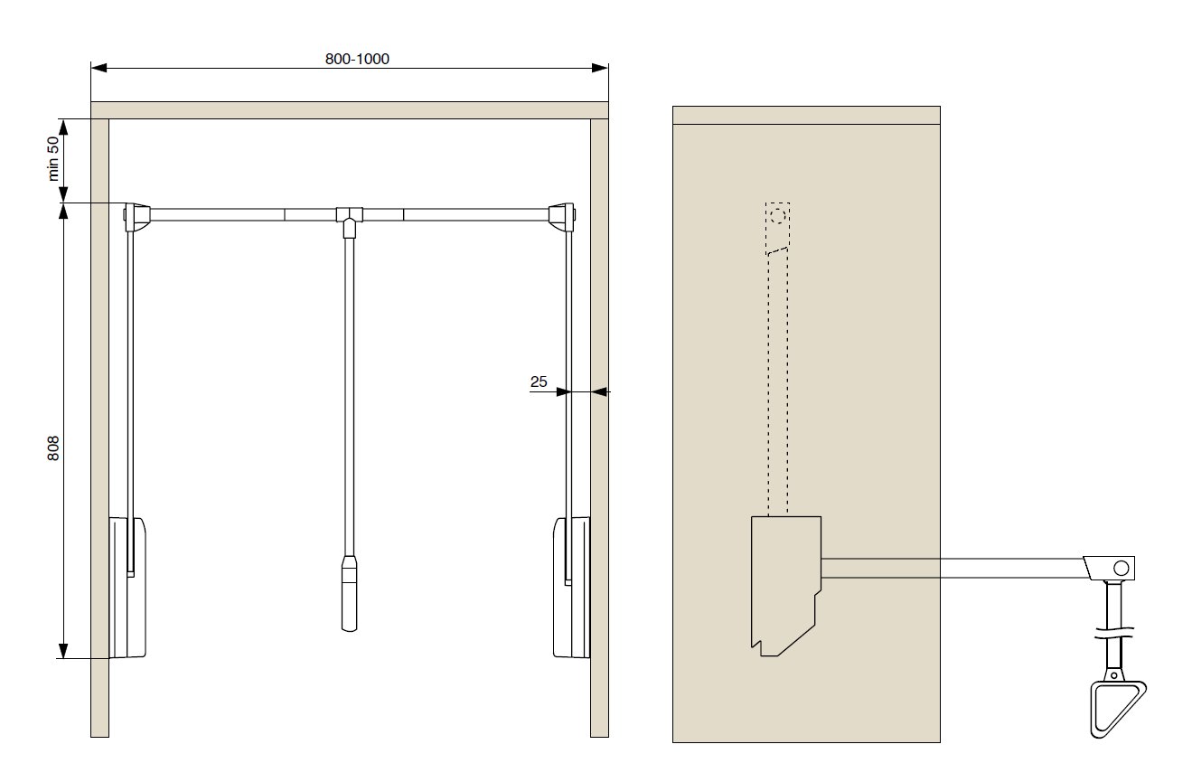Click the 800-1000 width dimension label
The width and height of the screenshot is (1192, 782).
[357, 59]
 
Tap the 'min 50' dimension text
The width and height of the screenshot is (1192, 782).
[53, 158]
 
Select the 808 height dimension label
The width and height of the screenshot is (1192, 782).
[53, 448]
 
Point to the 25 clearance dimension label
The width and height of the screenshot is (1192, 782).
[539, 382]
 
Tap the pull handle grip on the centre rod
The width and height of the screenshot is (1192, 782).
[349, 594]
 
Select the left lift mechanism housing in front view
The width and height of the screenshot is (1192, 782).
[127, 587]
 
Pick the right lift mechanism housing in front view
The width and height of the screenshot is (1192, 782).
[571, 587]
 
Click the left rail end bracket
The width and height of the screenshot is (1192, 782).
[136, 217]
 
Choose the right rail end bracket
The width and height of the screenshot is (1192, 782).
[562, 217]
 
